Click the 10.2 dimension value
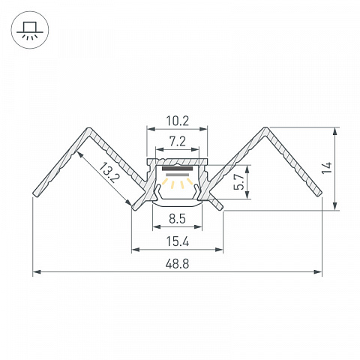point(178,121)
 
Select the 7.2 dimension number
point(178,142)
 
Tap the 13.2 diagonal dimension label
point(109,172)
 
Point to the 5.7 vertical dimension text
point(239,181)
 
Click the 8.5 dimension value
point(177,219)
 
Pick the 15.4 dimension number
point(178,241)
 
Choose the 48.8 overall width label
point(177,264)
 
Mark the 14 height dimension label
point(326,168)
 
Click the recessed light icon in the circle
point(30,30)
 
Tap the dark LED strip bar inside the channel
point(177,169)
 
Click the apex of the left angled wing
point(88,129)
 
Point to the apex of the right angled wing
point(265,128)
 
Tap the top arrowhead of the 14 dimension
point(336,131)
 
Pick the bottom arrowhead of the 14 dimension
point(336,206)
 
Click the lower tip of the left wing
point(35,194)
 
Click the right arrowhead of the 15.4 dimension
point(219,250)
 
